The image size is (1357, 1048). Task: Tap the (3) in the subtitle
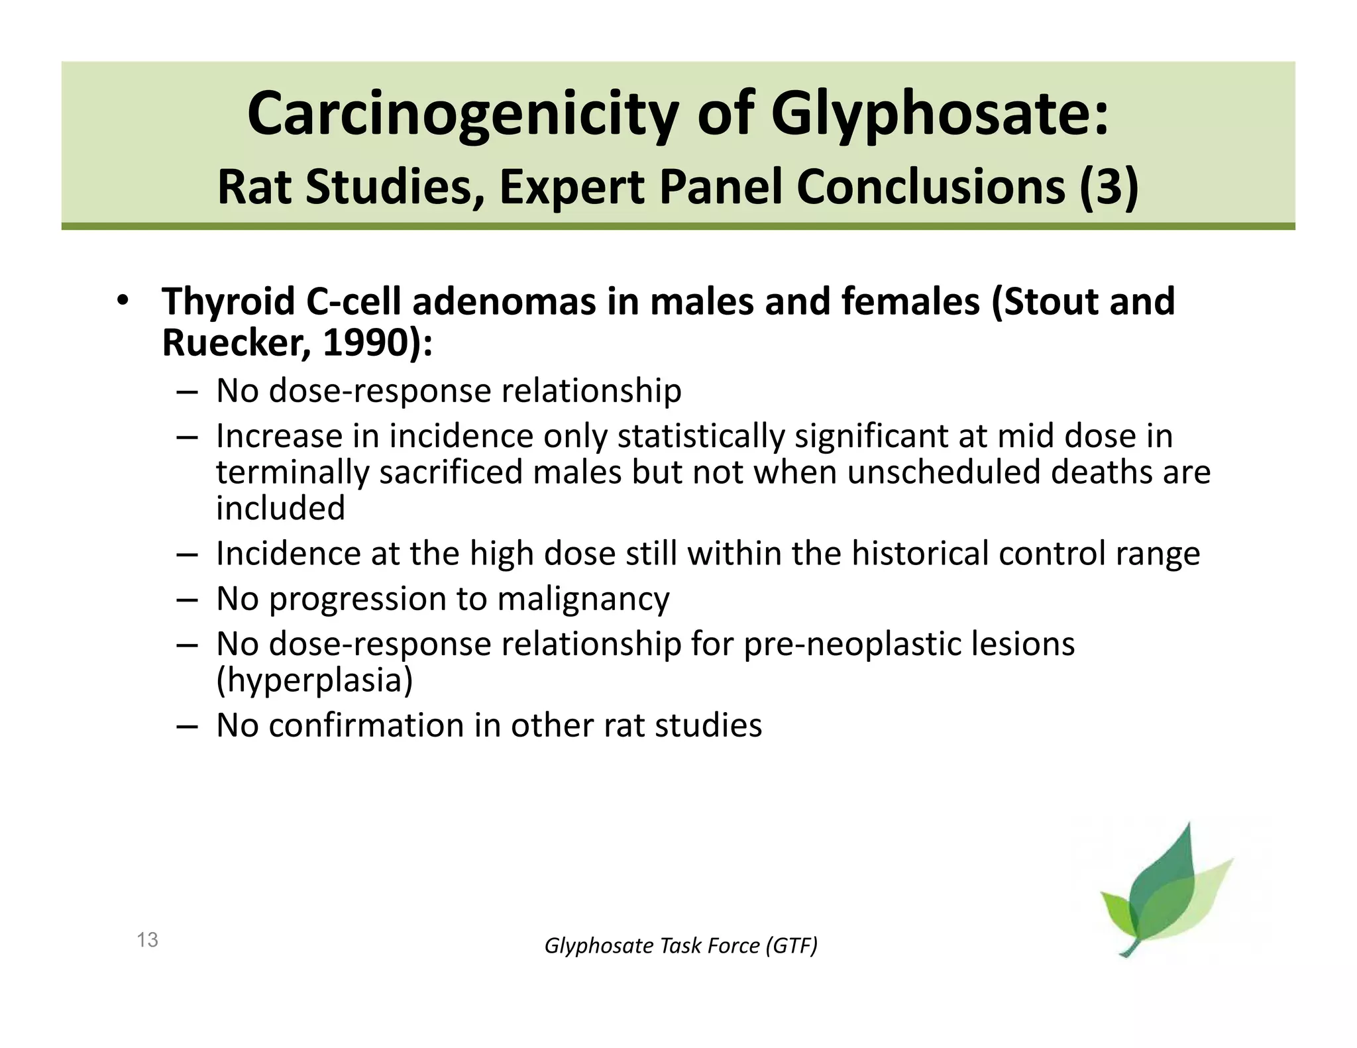(1109, 187)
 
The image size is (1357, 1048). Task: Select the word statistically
(701, 436)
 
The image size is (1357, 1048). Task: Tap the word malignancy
(583, 598)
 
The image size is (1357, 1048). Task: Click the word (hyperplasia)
(314, 680)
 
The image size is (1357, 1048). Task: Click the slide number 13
(147, 939)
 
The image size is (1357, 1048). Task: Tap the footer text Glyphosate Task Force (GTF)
(680, 945)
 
